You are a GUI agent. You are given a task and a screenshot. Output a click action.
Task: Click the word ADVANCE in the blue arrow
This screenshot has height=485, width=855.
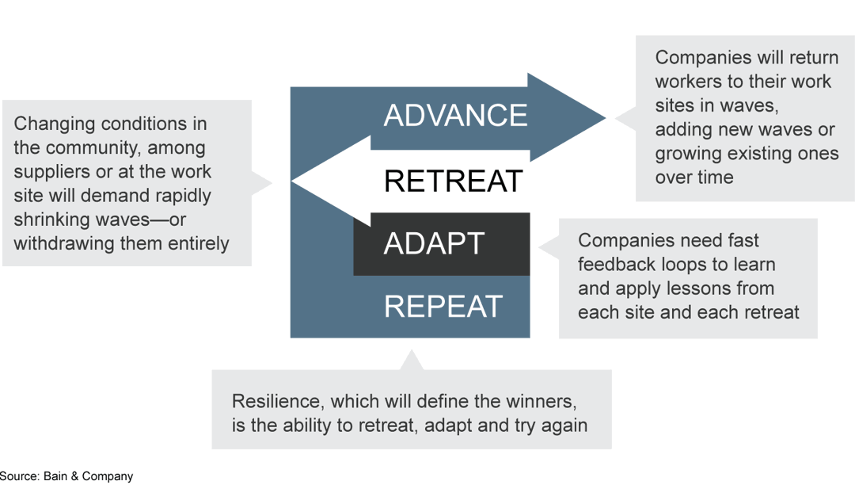pyautogui.click(x=455, y=116)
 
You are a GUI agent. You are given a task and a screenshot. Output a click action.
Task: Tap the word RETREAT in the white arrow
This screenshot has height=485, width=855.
pyautogui.click(x=453, y=181)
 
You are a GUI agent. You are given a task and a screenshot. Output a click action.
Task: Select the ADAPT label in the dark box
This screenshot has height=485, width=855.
pyautogui.click(x=434, y=244)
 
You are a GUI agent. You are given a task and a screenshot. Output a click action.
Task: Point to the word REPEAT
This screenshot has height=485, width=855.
pyautogui.click(x=443, y=307)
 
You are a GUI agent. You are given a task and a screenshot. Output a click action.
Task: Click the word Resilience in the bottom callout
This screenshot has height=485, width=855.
pyautogui.click(x=275, y=401)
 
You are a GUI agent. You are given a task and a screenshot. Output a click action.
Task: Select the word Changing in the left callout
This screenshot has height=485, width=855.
pyautogui.click(x=51, y=124)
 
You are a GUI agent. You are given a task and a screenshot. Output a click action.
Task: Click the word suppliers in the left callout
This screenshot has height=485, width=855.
pyautogui.click(x=51, y=171)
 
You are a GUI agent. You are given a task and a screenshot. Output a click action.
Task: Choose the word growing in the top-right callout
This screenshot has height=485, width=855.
pyautogui.click(x=690, y=153)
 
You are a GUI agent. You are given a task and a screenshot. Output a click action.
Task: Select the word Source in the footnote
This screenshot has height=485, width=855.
pyautogui.click(x=19, y=476)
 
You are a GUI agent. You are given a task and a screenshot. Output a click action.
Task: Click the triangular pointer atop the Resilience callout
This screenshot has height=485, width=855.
pyautogui.click(x=411, y=361)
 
